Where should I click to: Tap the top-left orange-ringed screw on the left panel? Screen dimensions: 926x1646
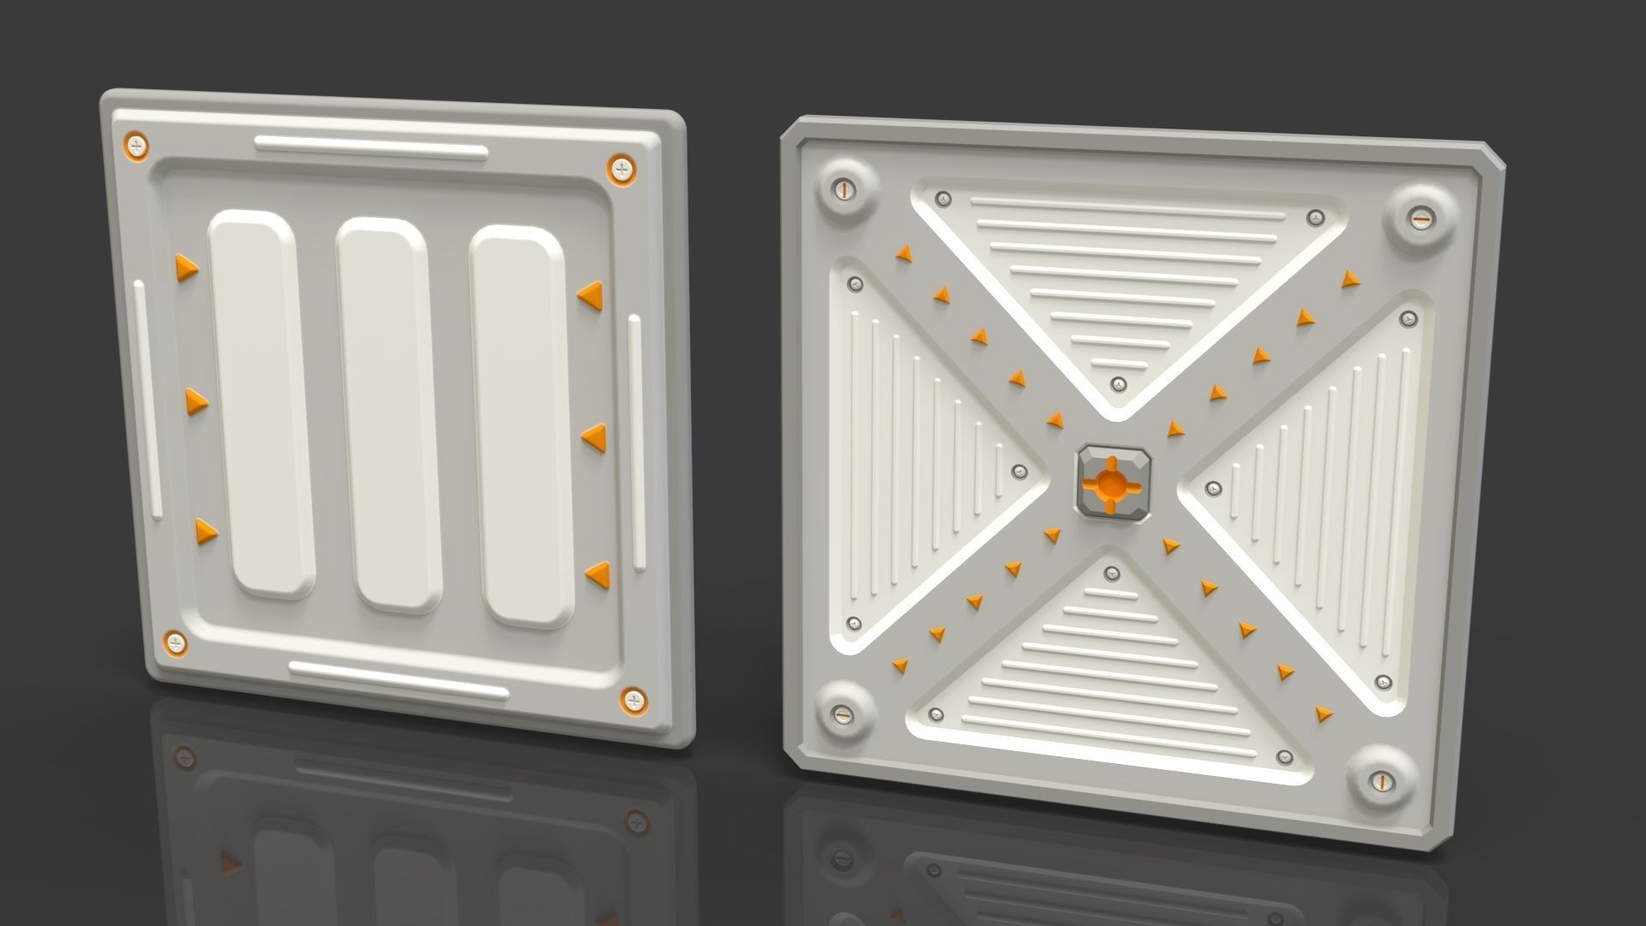[x=137, y=145]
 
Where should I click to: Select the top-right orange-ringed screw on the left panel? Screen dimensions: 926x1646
[x=622, y=168]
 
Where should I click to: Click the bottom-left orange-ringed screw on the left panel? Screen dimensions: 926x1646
[x=175, y=642]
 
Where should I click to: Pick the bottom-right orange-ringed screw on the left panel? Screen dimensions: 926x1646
[x=634, y=701]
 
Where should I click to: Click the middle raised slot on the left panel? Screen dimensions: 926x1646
[x=387, y=414]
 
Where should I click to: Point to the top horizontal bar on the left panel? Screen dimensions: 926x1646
[x=370, y=147]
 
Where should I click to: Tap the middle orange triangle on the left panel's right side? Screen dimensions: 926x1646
[x=594, y=437]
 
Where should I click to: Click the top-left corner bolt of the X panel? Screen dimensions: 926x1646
[x=844, y=189]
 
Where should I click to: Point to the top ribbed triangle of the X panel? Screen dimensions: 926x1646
[x=1119, y=274]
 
